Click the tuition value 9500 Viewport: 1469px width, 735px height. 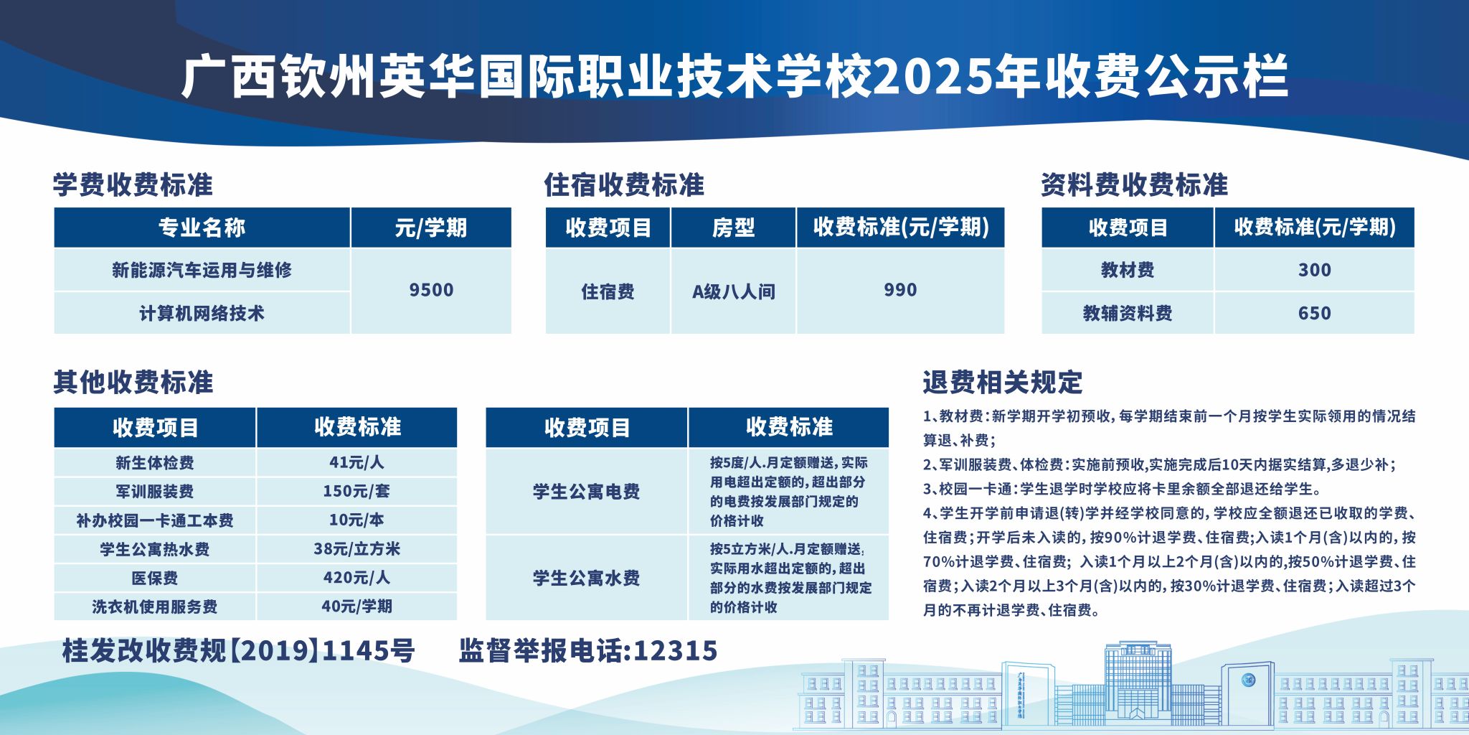tap(431, 290)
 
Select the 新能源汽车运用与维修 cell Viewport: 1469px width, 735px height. tap(202, 270)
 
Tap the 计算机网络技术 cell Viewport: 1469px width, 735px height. tap(202, 313)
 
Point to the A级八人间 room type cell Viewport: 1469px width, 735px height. tap(733, 291)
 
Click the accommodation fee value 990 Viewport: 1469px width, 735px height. tap(900, 290)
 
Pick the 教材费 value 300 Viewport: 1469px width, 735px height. tap(1314, 270)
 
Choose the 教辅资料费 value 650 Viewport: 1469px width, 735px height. tap(1314, 313)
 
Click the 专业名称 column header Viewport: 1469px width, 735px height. tap(202, 228)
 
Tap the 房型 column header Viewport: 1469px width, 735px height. tap(733, 228)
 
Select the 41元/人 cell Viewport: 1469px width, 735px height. tap(356, 462)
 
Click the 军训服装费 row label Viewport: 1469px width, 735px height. tap(154, 492)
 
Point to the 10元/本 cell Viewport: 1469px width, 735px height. tap(356, 520)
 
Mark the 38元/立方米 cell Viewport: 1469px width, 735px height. tap(356, 549)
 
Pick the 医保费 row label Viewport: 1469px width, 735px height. tap(154, 578)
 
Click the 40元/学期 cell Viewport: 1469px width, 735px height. tap(356, 607)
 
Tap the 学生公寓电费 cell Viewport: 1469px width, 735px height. tap(586, 492)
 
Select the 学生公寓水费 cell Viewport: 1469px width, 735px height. tap(586, 578)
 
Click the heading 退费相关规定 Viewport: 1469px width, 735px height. tap(1002, 383)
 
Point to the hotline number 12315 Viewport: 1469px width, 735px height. tap(676, 650)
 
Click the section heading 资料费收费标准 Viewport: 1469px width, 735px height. tap(1134, 184)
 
